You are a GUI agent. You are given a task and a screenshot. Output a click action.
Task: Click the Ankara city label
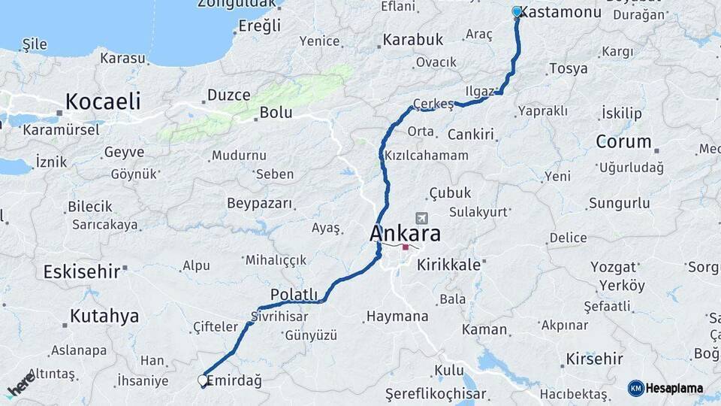405,234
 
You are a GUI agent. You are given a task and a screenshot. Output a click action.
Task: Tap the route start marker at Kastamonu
517,12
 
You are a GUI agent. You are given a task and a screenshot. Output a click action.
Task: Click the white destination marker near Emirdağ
203,380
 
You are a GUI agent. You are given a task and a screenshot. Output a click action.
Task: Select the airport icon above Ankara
421,218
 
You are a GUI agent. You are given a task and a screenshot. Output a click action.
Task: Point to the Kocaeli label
103,101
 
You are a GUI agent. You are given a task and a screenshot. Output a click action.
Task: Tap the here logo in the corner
21,383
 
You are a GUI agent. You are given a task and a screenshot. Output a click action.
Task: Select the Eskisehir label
82,271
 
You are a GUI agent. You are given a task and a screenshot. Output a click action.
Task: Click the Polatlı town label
294,294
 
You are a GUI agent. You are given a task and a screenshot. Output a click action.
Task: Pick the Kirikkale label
448,265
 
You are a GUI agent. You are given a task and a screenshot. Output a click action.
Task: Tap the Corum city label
623,141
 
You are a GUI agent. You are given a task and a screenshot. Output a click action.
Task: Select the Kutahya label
104,316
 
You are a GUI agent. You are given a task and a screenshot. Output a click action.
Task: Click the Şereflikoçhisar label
436,393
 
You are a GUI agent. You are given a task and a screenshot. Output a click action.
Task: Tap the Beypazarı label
260,203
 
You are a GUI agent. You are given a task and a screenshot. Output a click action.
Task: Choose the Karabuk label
414,39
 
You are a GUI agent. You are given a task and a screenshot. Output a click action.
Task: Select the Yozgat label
614,267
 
